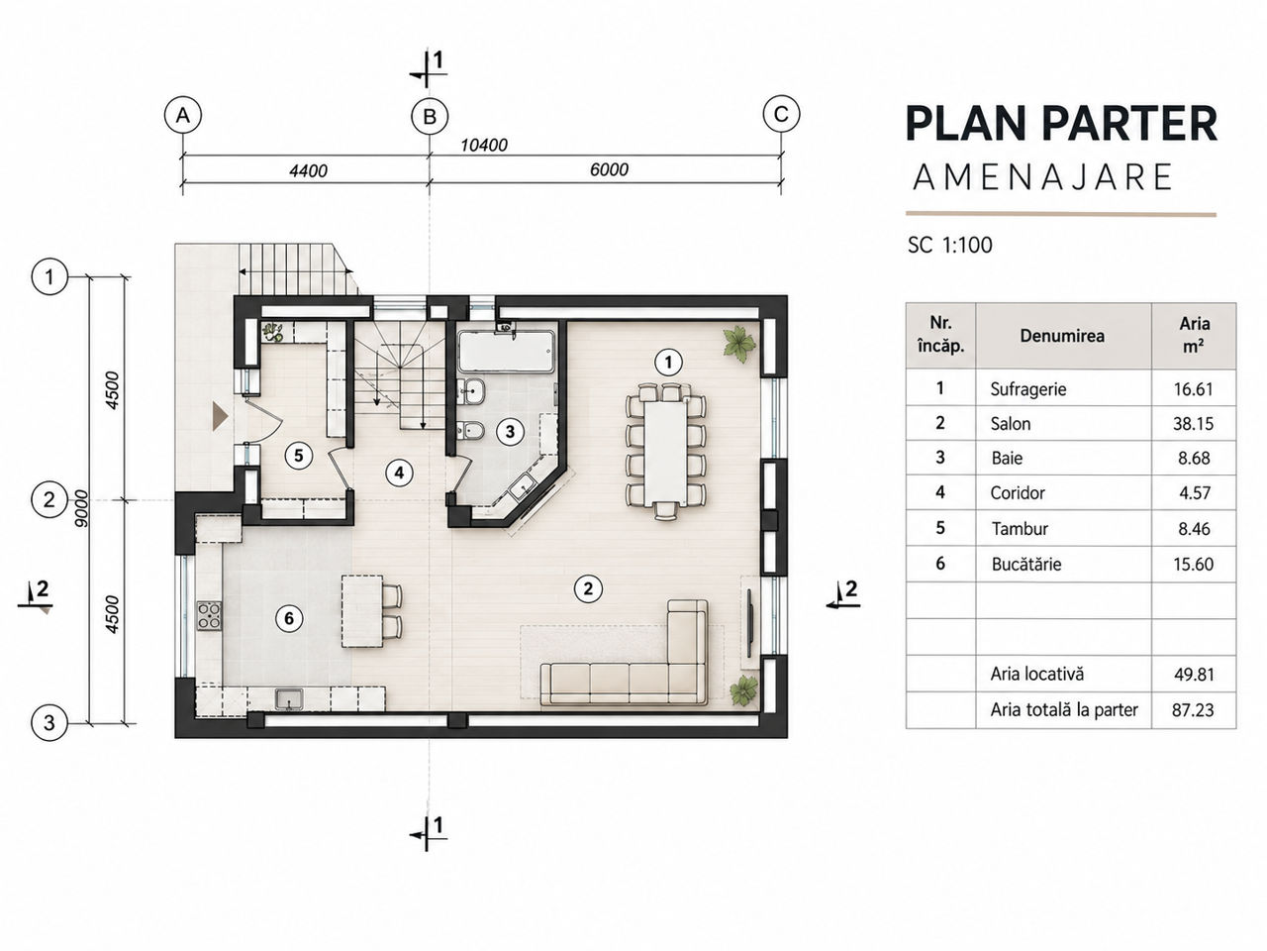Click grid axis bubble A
click(183, 116)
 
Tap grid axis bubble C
click(781, 114)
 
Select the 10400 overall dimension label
click(484, 145)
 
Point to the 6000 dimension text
click(609, 169)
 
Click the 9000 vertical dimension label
click(82, 508)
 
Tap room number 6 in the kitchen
click(289, 618)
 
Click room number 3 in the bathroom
click(510, 431)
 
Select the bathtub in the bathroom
click(506, 351)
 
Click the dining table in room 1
click(665, 454)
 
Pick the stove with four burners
click(209, 615)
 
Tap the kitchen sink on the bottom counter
click(289, 699)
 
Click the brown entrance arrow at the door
click(220, 416)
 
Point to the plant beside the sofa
click(743, 690)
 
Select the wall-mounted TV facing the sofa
click(749, 622)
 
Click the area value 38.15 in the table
click(1193, 424)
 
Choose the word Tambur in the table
click(1020, 529)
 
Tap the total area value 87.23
click(1193, 709)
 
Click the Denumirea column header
click(1062, 336)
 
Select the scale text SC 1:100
click(949, 246)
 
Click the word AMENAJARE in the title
click(1042, 176)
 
